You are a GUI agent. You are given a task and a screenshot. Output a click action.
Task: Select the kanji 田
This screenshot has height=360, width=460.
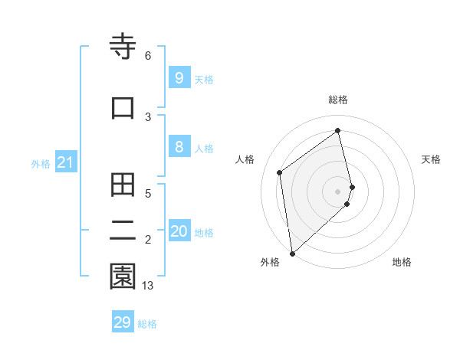pos(123,185)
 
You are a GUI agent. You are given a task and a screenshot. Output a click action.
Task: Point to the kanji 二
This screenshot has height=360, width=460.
pos(123,231)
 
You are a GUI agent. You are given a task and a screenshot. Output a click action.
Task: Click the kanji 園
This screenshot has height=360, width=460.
pos(123,277)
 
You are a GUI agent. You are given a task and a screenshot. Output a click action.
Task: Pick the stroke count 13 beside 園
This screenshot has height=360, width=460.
pos(148,286)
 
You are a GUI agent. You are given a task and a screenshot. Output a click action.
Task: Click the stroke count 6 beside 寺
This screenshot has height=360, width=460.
pos(148,56)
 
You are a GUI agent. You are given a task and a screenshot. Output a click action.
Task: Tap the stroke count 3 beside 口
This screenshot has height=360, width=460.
pos(148,116)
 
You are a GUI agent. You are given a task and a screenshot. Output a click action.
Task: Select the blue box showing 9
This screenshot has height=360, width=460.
pos(179,77)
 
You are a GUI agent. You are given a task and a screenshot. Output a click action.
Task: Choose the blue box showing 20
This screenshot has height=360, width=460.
pos(179,231)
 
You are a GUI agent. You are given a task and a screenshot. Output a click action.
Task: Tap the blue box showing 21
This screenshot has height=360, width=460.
pos(65,162)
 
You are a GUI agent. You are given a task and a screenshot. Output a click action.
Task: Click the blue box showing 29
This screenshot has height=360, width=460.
pos(123,322)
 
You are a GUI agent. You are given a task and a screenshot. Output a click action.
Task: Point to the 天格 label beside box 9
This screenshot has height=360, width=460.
pos(204,79)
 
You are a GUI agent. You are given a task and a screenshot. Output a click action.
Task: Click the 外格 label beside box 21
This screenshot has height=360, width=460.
pos(41,163)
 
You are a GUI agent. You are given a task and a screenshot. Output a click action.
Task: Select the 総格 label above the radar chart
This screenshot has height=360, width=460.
pos(338,100)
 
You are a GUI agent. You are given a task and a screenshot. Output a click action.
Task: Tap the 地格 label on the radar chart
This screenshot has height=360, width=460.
pos(402,262)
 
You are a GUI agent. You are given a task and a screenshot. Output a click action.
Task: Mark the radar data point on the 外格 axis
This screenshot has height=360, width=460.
pos(291,253)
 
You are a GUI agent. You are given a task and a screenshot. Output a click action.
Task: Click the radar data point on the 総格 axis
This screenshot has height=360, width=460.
pos(338,130)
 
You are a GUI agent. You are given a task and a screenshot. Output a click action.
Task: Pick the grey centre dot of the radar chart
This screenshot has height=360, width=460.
pos(338,191)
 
